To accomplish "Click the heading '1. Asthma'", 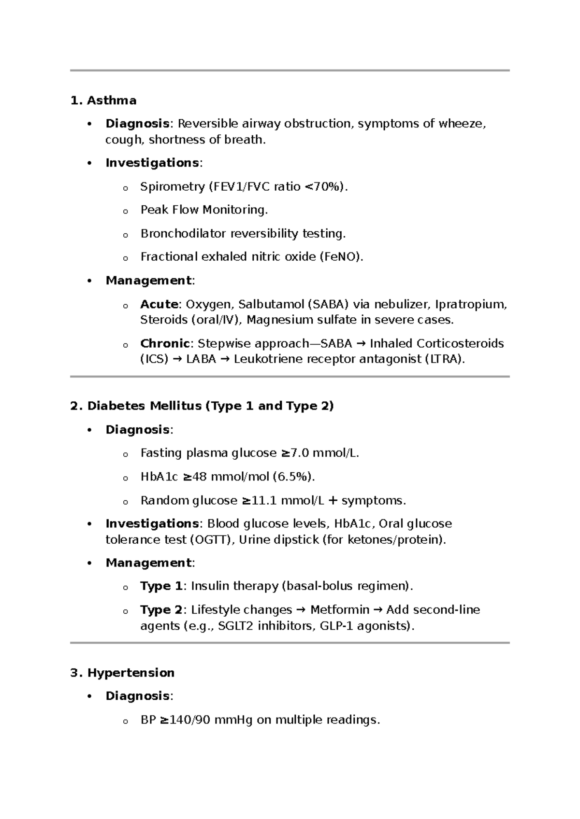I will (x=103, y=100).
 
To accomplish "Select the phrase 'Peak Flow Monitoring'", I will (x=203, y=210).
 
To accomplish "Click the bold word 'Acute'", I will (x=159, y=304).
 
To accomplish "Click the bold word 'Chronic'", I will (x=164, y=343).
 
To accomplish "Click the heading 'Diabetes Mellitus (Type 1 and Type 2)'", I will (x=210, y=406).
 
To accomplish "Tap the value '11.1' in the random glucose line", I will (x=264, y=500).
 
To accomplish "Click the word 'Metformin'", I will (x=339, y=610).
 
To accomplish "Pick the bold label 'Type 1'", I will (x=161, y=586).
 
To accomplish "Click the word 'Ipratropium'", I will (x=470, y=304).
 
